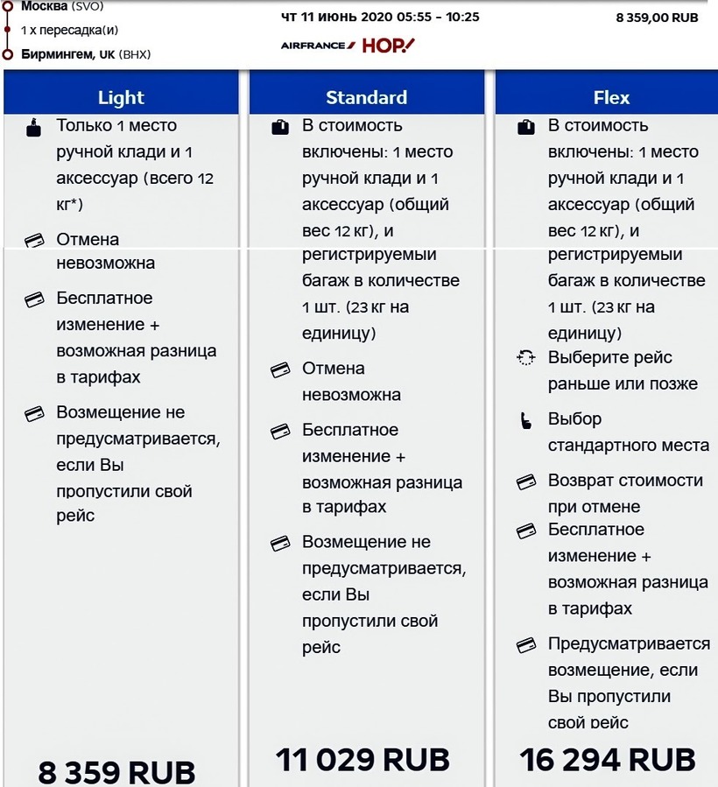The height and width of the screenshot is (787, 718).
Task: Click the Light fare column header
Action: coord(121,97)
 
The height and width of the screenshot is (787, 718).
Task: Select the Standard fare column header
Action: coord(366,97)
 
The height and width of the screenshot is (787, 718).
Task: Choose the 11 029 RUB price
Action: coord(363,759)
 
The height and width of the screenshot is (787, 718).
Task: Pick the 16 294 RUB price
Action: coord(608,759)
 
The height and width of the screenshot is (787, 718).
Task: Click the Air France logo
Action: coord(318,45)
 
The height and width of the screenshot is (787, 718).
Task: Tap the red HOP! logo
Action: coord(388,45)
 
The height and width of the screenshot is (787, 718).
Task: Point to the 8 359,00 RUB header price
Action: coord(657,17)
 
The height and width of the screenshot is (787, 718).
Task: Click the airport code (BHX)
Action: coord(135,54)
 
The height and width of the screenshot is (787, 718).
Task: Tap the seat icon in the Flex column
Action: coord(526,420)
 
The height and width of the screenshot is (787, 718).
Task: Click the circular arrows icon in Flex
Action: coord(525,357)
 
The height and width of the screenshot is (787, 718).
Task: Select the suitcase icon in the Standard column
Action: coord(279,127)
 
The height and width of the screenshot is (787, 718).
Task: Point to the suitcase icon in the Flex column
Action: coord(525,127)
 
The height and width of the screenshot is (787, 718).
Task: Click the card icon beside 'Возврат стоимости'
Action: coord(525,481)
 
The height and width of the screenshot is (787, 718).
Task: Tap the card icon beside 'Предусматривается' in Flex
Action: coord(525,645)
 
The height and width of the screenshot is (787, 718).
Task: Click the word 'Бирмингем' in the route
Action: coord(58,54)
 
